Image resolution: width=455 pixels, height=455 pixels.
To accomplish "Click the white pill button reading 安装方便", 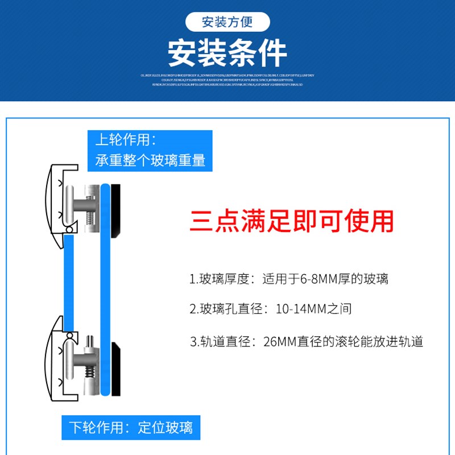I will pos(227,22).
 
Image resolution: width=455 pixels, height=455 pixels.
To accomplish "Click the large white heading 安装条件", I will pos(227,53).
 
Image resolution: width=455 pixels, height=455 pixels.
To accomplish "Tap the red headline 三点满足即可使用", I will pos(291,221).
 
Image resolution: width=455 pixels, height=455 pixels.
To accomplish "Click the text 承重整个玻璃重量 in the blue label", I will pos(150,160).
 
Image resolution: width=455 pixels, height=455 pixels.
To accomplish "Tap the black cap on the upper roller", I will pos(115,210).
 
